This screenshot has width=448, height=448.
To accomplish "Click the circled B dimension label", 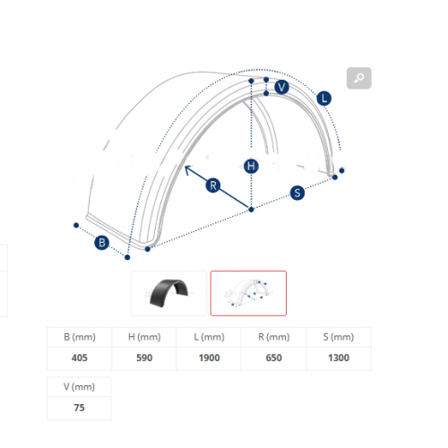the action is click(101, 243).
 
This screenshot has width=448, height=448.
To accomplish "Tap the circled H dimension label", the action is click(251, 166).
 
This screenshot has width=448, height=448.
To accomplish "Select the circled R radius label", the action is click(213, 185).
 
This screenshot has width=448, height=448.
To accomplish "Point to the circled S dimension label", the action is click(297, 193).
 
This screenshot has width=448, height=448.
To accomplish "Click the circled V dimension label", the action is click(281, 87).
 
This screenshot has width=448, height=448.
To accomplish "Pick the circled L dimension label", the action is click(324, 99).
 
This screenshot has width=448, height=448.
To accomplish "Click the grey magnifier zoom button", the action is click(359, 78).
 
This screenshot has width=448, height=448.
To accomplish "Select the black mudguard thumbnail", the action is click(169, 293).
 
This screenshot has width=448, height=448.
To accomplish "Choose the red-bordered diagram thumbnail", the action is click(248, 293).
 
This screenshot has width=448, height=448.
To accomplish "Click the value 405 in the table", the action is click(80, 358).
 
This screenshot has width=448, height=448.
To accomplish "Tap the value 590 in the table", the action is click(144, 358).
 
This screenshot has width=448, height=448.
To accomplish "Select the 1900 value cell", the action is click(209, 358).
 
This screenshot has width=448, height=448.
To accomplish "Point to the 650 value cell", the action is click(274, 358).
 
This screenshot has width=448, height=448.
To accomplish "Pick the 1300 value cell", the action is click(339, 358).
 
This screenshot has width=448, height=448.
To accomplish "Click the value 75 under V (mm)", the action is click(79, 408).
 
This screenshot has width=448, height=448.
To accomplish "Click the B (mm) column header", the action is click(80, 337).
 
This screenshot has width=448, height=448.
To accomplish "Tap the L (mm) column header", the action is click(209, 337).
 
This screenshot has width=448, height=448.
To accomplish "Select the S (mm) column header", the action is click(339, 337).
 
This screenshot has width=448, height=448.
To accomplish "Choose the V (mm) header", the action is click(79, 387).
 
